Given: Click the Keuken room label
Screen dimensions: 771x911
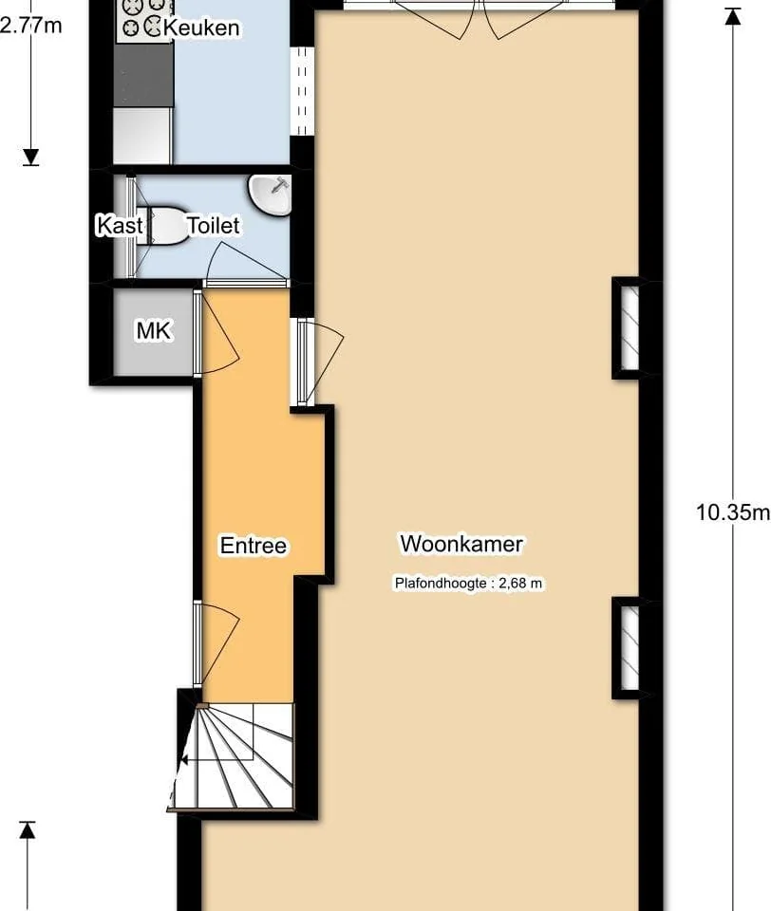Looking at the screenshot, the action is pos(201,28).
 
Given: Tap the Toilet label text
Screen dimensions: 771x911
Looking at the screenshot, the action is pos(213,226).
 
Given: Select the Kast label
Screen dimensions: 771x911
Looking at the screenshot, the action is pos(120,225).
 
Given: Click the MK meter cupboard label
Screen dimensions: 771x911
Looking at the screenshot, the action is pos(154,330).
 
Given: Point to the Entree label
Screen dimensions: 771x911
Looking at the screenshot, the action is pos(254,545).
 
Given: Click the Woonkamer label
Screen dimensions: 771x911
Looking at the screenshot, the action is pos(461,544).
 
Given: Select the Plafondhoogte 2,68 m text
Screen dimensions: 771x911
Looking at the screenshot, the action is pos(469,583).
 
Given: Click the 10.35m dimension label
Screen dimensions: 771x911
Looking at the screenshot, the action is pos(733,511).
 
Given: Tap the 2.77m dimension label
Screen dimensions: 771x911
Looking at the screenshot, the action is pos(30,26).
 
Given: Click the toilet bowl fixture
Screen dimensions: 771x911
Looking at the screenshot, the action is pos(165,225).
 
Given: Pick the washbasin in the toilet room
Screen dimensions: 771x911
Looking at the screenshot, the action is pos(270,195).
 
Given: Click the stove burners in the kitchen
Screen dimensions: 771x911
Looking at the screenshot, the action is pos(144,17).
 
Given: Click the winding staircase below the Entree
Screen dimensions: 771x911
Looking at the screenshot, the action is pos(235,755).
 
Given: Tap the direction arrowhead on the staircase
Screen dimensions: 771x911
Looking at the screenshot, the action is pos(184,759).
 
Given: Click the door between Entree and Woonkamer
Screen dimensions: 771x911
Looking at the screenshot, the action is pos(319,362).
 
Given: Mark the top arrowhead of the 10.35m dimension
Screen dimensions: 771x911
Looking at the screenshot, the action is pos(733,17).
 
